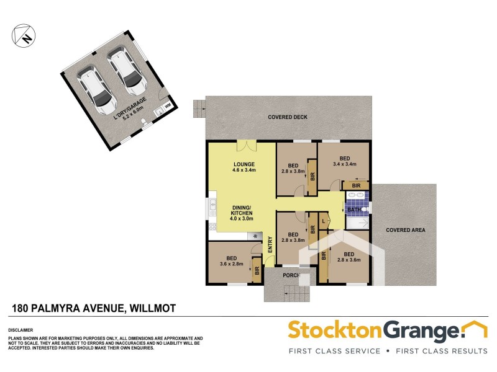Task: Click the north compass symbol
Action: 23,35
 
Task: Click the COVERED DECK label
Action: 288,117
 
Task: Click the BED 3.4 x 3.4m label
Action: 344,161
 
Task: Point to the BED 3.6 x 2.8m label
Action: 231,260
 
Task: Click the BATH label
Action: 353,210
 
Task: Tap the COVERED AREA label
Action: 405,230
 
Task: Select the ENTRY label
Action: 270,244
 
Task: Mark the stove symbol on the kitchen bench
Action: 255,236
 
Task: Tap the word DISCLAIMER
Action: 21,330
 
